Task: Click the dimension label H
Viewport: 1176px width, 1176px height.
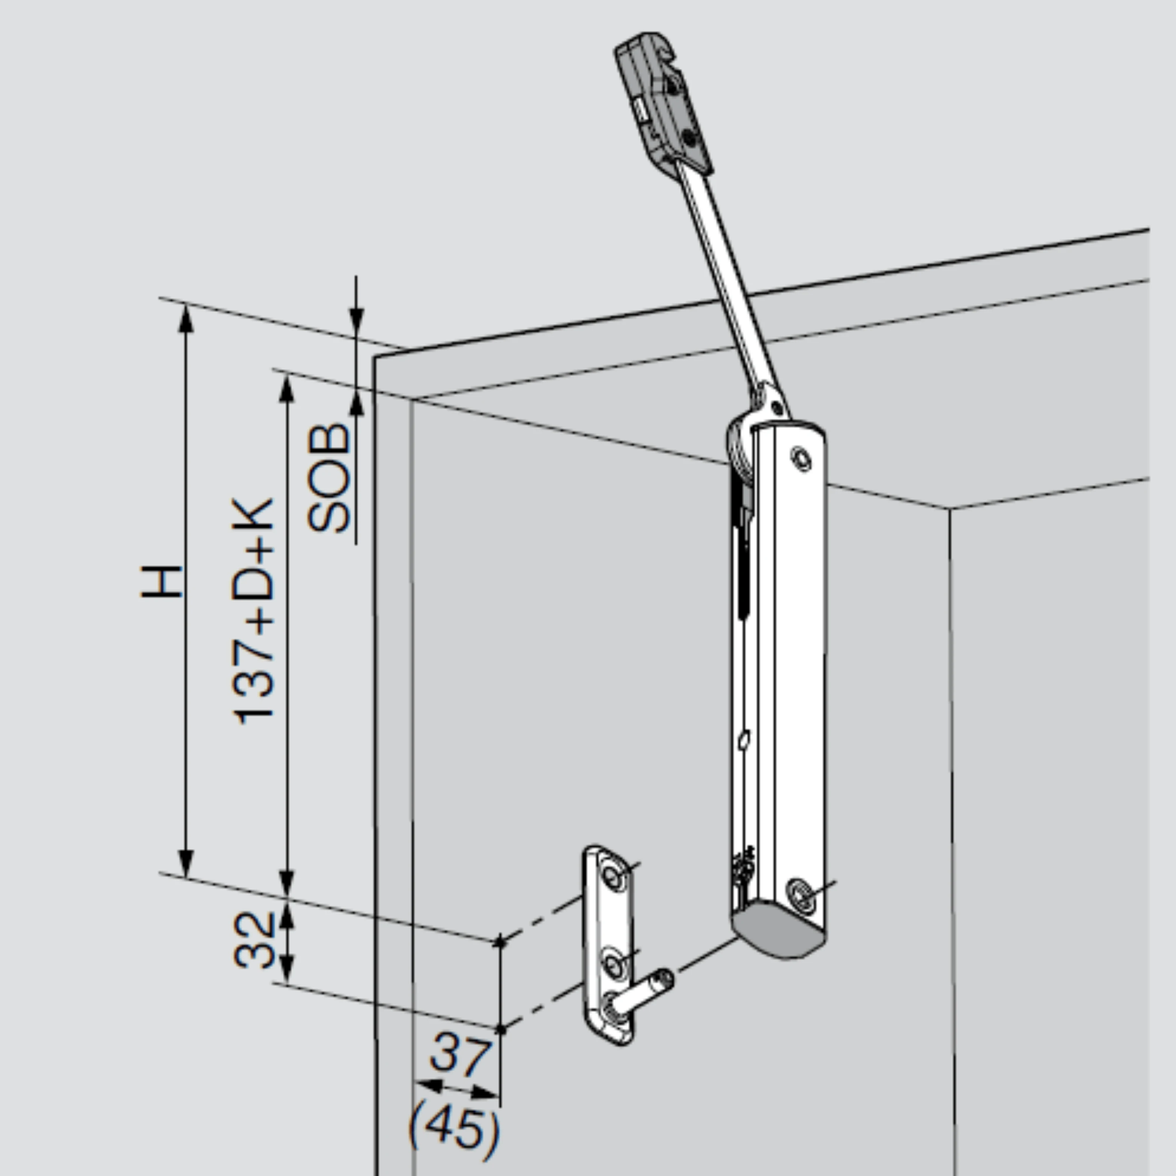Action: click(x=162, y=582)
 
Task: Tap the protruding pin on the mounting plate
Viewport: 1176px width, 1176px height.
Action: click(x=642, y=993)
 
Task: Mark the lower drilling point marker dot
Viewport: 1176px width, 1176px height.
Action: click(x=501, y=1029)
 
